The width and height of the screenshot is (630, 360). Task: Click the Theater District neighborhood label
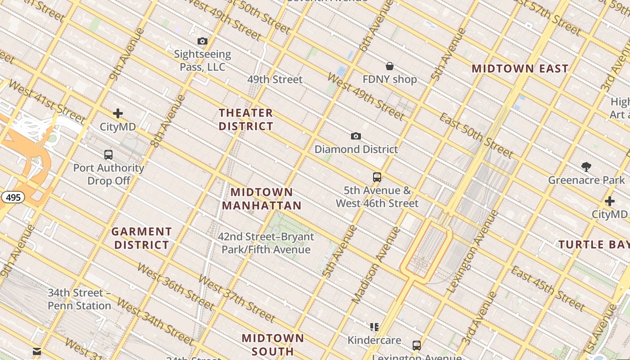(246, 119)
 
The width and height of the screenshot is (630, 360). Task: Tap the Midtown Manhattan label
(261, 199)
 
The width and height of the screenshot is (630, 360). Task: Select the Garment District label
(142, 238)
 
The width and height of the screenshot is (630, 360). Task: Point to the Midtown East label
(520, 69)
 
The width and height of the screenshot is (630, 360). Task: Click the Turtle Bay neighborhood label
(594, 245)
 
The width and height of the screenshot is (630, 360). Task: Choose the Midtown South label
(273, 344)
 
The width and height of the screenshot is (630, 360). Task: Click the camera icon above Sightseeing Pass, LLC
(202, 41)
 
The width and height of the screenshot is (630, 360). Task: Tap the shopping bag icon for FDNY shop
(390, 67)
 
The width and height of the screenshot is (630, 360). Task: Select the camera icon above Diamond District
(356, 136)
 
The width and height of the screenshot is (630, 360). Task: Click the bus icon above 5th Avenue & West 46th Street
(377, 177)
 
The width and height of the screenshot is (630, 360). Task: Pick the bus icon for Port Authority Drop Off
(108, 155)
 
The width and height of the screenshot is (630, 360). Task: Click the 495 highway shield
(13, 197)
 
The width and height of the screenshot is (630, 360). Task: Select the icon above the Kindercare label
(374, 327)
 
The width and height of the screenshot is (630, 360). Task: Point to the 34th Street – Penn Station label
(79, 299)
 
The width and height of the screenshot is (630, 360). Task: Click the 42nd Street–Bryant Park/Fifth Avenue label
(266, 243)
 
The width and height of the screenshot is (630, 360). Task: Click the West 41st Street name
(46, 102)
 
